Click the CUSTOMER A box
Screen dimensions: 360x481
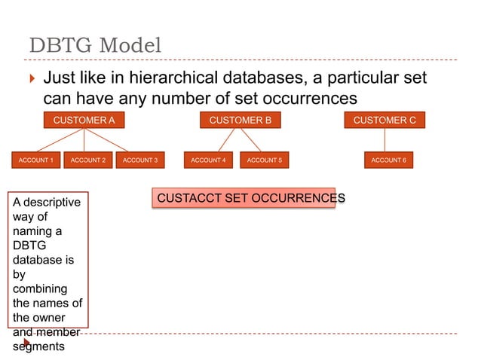coord(84,120)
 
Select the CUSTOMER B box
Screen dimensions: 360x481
coord(240,120)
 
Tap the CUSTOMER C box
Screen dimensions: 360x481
coord(384,120)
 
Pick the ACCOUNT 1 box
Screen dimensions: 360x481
coord(35,160)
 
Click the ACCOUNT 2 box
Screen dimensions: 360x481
coord(87,160)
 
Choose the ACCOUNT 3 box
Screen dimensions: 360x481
coord(139,160)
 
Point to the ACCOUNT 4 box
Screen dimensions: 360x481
coord(208,160)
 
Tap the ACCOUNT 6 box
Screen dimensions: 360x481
coord(388,160)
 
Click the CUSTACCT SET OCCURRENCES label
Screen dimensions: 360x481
coord(244,198)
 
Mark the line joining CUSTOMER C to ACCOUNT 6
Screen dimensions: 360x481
coord(384,140)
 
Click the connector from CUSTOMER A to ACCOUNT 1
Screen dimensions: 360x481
coord(59,140)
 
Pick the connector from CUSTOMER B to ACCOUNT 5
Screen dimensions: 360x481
coord(251,140)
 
